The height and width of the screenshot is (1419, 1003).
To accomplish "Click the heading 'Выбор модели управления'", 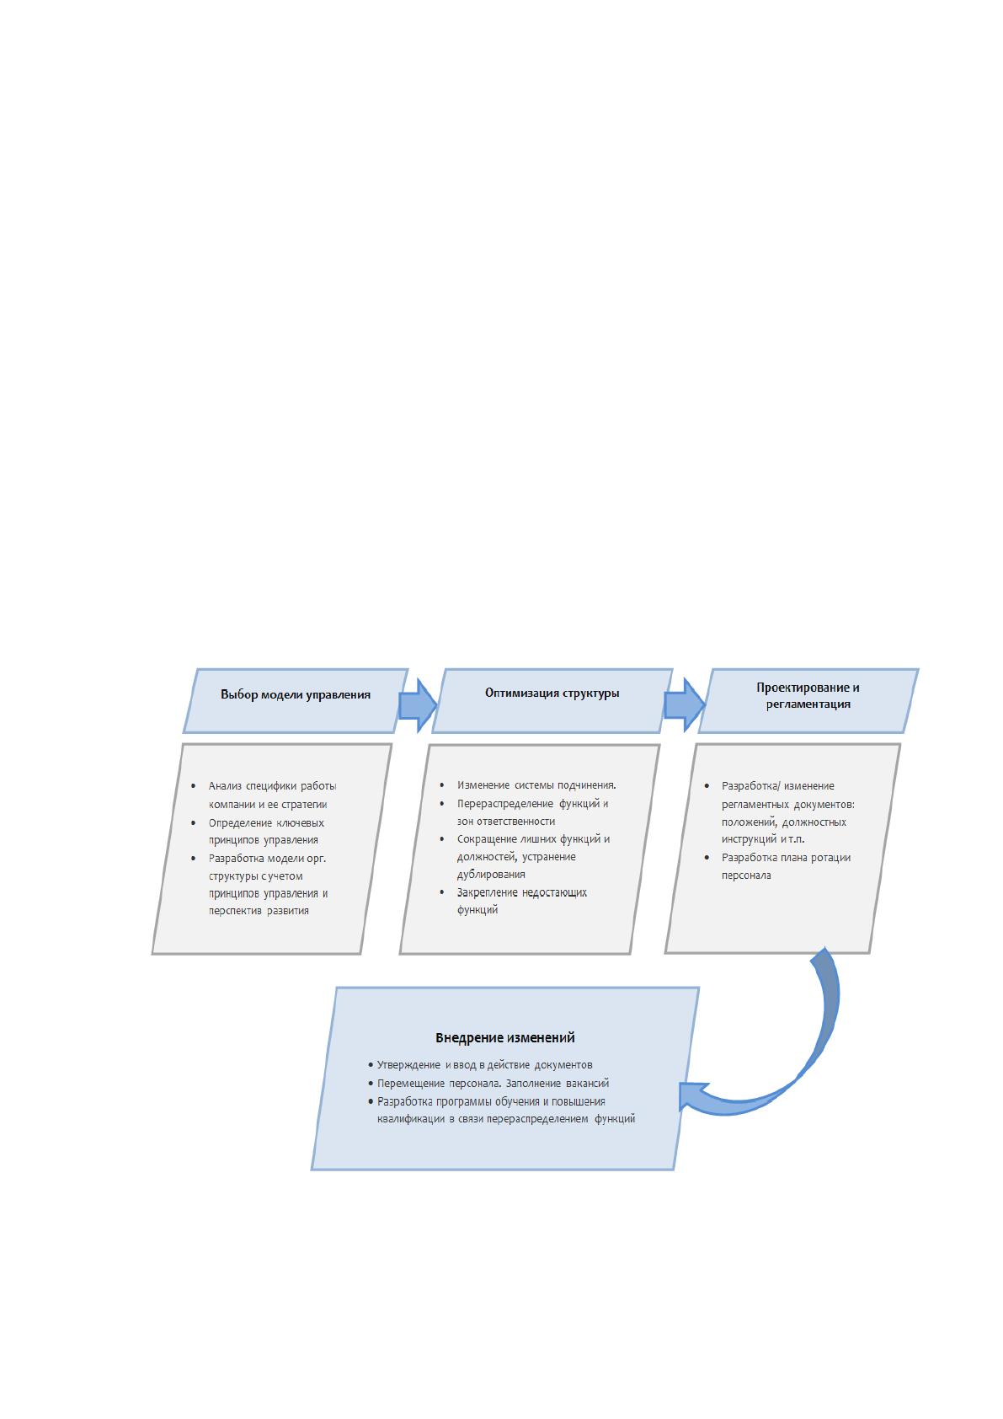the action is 295,694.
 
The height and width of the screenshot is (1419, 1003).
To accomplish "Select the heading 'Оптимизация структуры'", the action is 552,693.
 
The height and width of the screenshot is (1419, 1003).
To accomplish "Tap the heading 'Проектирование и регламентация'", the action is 808,695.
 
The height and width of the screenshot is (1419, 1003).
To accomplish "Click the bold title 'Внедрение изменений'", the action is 504,1037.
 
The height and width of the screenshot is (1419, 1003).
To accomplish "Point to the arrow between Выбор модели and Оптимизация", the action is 418,705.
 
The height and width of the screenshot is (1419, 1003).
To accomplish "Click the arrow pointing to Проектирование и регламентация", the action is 685,704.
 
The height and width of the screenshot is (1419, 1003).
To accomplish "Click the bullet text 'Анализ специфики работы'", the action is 272,786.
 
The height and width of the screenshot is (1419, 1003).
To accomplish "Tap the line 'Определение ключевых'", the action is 266,823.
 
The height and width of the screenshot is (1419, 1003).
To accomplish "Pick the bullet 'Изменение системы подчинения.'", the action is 536,785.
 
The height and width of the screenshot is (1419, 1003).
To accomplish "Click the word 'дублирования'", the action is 491,874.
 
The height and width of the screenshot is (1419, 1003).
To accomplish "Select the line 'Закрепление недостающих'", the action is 522,892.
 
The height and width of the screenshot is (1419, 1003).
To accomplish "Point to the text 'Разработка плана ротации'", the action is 786,858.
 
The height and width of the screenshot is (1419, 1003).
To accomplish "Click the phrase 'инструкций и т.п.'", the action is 762,839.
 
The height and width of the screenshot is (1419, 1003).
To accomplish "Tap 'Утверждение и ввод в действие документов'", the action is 484,1065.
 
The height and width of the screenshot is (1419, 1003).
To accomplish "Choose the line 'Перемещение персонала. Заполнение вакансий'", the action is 493,1084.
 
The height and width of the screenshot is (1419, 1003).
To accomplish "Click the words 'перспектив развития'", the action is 259,911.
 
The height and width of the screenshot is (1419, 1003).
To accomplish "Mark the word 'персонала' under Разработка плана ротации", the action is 746,875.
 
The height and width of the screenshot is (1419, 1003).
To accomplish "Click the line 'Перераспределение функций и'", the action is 532,804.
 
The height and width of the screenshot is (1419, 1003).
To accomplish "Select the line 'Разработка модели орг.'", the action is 267,859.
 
